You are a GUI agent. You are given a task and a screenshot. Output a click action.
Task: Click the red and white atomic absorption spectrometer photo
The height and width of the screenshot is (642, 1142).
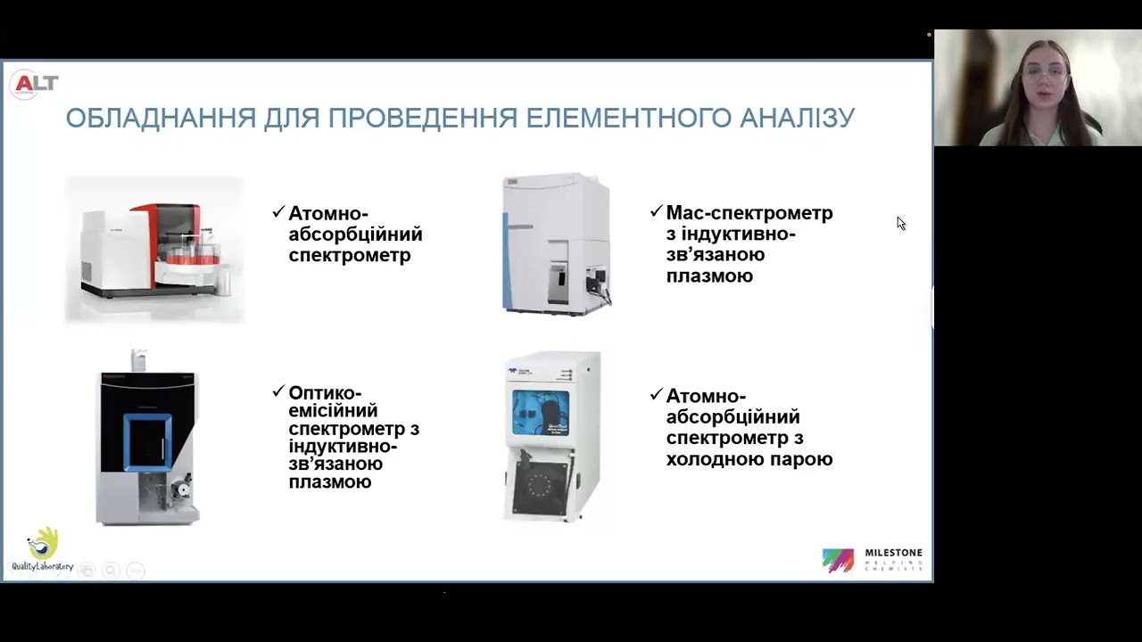(x=153, y=249)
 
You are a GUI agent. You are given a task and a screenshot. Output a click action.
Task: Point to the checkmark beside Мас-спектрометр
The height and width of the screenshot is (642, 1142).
(x=656, y=211)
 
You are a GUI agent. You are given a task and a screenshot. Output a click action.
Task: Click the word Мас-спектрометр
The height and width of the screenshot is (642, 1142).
(x=749, y=213)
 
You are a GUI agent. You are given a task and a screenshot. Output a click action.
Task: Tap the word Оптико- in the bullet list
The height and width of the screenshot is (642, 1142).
(x=325, y=392)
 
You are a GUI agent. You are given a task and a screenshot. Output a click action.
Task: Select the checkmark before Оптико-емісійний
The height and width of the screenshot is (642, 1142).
(x=278, y=391)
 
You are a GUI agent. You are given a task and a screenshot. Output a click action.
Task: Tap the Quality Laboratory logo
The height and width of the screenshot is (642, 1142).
(x=42, y=548)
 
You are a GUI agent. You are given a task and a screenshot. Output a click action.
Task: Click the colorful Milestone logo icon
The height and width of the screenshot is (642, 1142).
(x=838, y=560)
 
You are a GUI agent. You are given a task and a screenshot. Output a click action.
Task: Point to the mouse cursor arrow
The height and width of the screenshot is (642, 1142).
(x=901, y=223)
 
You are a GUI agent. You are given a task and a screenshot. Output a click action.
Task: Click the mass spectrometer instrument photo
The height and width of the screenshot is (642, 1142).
(x=557, y=243)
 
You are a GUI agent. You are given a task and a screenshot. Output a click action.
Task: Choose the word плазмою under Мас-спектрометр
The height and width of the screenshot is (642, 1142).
(x=709, y=276)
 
